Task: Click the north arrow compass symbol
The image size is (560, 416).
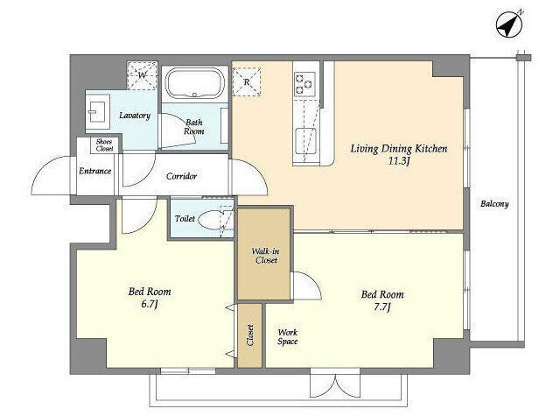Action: point(510,24)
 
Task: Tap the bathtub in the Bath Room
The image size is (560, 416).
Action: point(194,83)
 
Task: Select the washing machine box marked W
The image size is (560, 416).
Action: point(142,75)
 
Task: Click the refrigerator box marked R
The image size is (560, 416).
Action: point(247,82)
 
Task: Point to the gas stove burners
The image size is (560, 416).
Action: point(304,84)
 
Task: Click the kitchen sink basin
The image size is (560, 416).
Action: point(305,140)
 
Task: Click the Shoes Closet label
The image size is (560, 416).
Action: point(104,145)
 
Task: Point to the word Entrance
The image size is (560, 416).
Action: point(95,171)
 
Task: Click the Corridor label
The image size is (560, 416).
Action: point(181,176)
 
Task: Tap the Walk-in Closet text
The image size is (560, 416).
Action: point(266,256)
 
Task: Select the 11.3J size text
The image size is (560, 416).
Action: point(399,161)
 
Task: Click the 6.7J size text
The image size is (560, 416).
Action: point(150,305)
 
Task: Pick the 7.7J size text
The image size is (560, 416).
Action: point(382,307)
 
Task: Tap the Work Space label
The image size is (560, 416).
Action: point(288,336)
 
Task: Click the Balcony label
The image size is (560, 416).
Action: point(494,204)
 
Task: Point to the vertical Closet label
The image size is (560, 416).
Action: point(250,335)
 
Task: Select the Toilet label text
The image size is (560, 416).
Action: point(185,218)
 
